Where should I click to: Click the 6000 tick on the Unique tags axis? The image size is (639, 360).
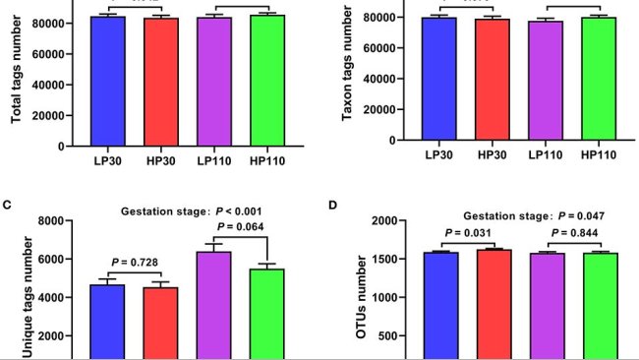pyautogui.click(x=63, y=259)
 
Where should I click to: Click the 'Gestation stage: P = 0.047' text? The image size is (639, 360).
pyautogui.click(x=522, y=215)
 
